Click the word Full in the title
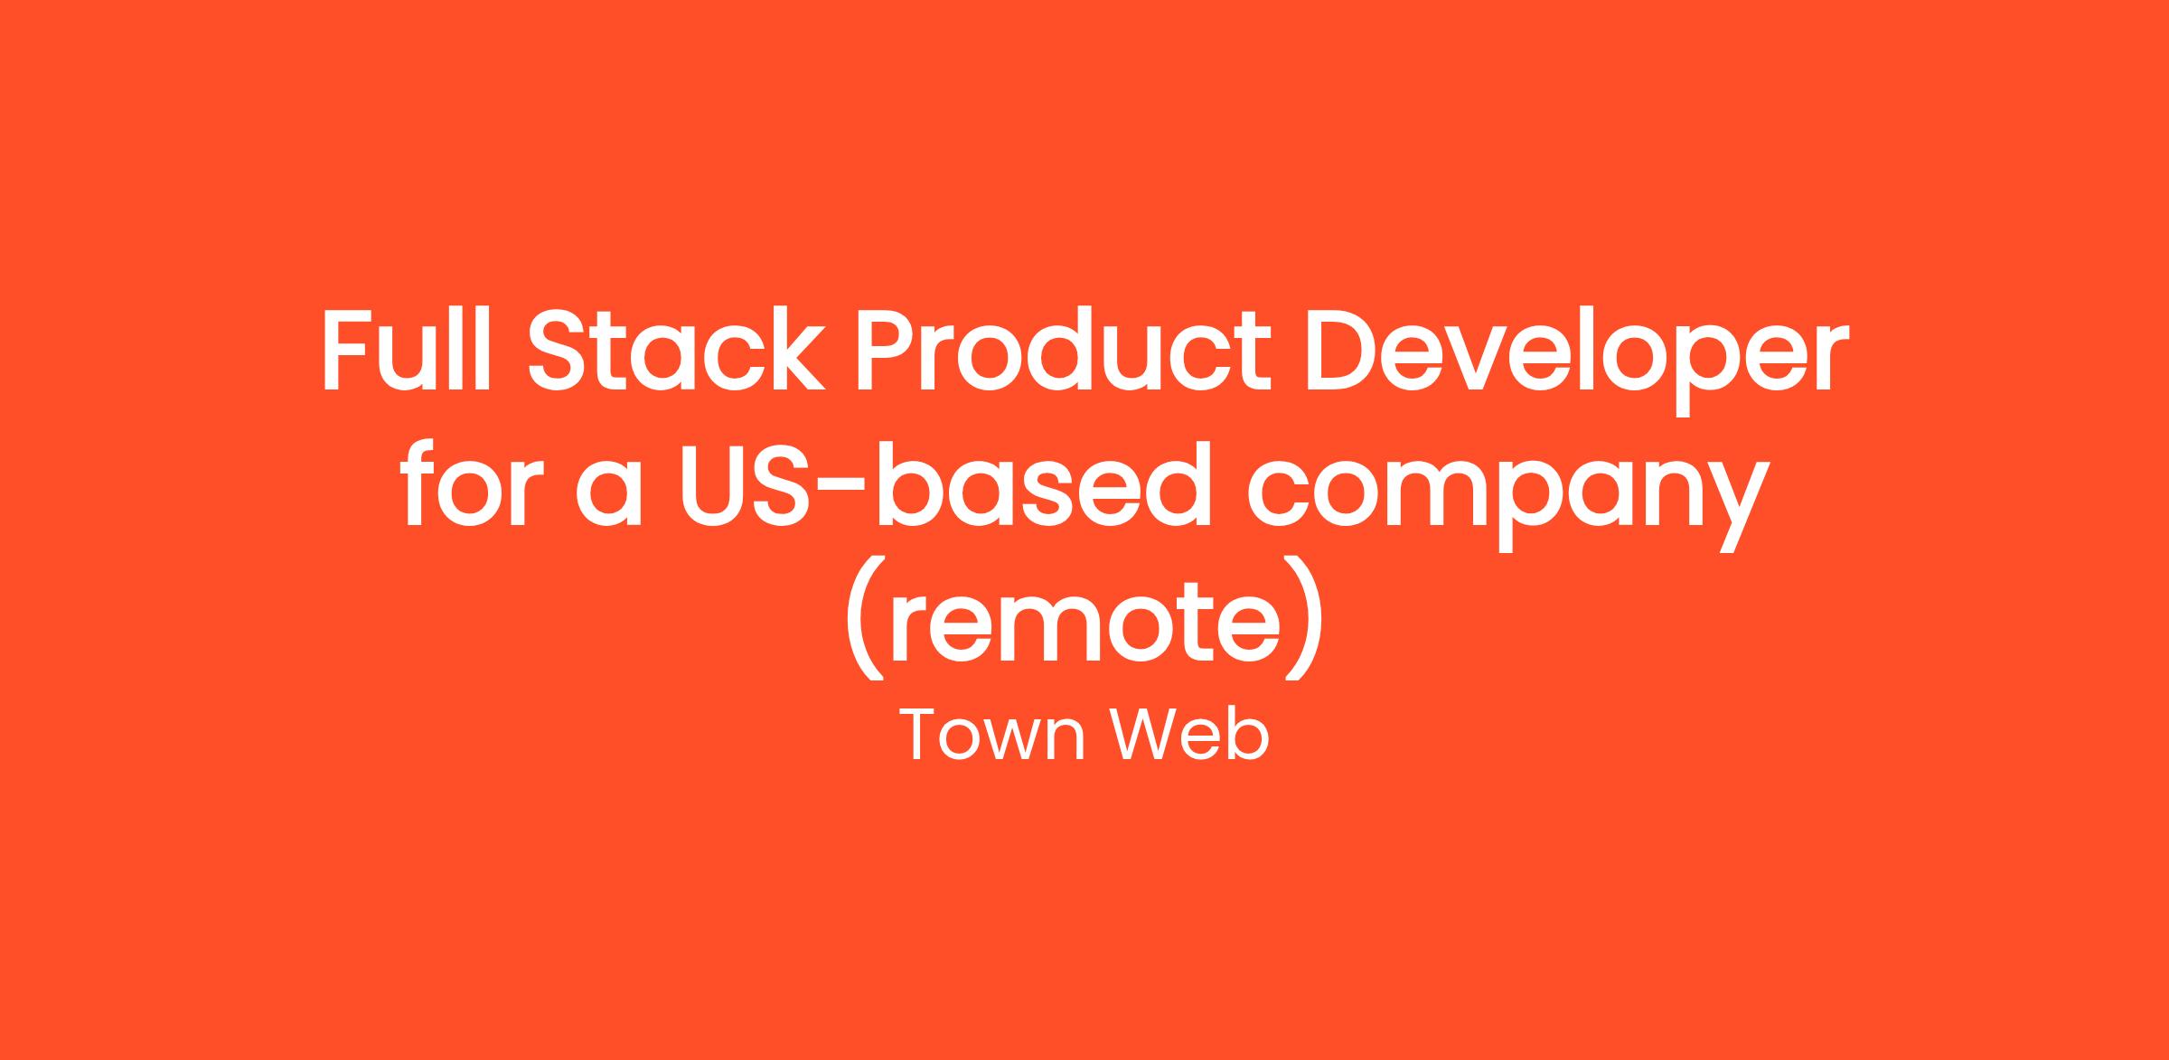coord(406,350)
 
